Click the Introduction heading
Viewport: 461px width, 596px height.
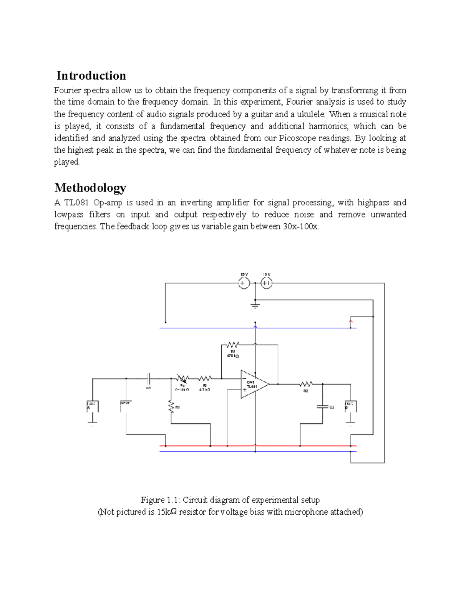[x=91, y=76]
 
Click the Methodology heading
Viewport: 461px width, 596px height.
[x=90, y=188]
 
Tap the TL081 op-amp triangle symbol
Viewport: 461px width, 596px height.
[x=253, y=384]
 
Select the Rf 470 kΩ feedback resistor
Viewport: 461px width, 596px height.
[x=233, y=344]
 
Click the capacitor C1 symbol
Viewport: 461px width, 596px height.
[x=149, y=378]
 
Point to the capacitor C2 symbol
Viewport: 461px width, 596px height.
[x=322, y=406]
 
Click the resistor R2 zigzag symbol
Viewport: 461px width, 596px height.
[x=306, y=383]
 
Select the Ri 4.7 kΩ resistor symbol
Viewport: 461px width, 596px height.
[x=205, y=378]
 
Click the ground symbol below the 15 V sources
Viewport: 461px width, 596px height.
[x=255, y=306]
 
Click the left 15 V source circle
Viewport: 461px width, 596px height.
[x=244, y=284]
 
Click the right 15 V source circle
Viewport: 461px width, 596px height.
[x=266, y=284]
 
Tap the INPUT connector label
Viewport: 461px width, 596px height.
[x=126, y=404]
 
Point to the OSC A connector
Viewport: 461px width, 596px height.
[x=92, y=406]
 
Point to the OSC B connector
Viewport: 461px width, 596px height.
[x=350, y=406]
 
